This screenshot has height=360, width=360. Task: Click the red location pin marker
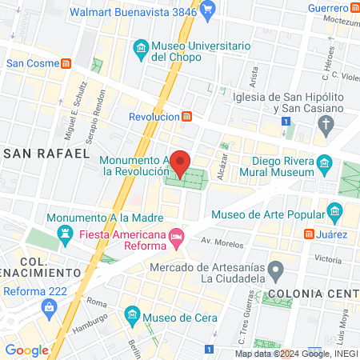[181, 162]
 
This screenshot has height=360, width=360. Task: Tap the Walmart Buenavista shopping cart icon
[207, 12]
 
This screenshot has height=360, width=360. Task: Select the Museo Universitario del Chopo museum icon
[141, 50]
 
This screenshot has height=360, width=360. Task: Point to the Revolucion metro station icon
[186, 116]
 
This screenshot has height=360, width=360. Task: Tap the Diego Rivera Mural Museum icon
[324, 165]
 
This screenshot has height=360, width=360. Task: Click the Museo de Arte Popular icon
[334, 213]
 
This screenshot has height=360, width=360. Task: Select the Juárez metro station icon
[309, 234]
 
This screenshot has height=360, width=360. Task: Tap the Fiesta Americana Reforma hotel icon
[177, 235]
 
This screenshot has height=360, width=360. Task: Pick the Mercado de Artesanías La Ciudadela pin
[275, 268]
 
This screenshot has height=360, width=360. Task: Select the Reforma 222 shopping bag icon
[50, 307]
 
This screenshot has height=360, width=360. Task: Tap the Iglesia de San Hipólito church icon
[325, 124]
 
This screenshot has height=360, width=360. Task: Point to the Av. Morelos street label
[221, 241]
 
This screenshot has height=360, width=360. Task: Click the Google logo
[26, 350]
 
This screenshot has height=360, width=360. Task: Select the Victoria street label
[328, 259]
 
